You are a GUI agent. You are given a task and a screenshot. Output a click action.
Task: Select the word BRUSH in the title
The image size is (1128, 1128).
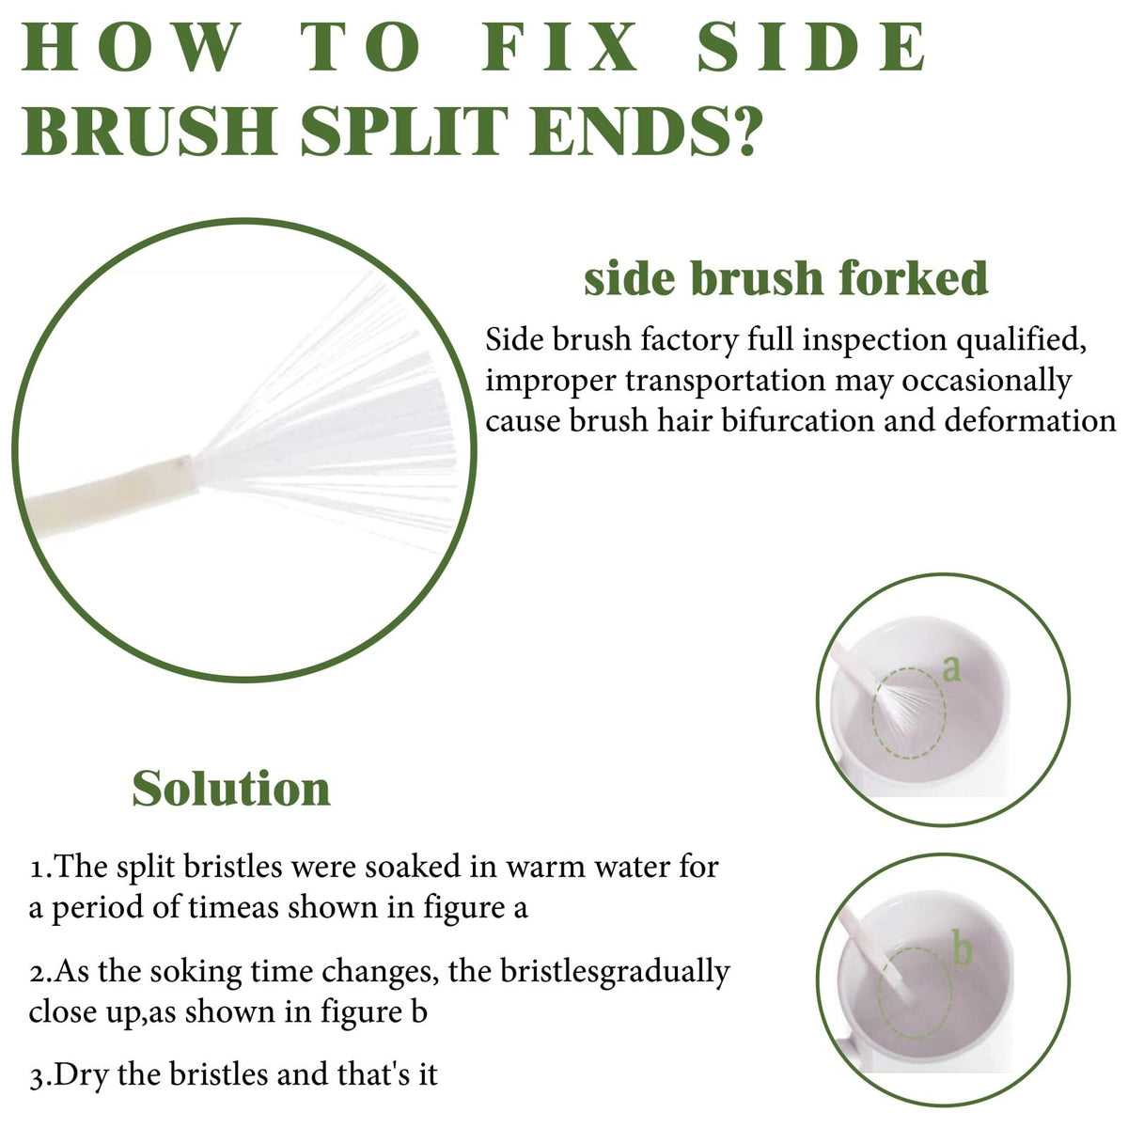[149, 131]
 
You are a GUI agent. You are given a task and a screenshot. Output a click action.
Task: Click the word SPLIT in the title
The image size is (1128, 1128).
[404, 131]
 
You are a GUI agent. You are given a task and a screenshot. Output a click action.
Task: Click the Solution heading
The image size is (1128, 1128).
[231, 789]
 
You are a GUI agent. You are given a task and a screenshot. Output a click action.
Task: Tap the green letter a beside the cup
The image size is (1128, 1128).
[952, 668]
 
